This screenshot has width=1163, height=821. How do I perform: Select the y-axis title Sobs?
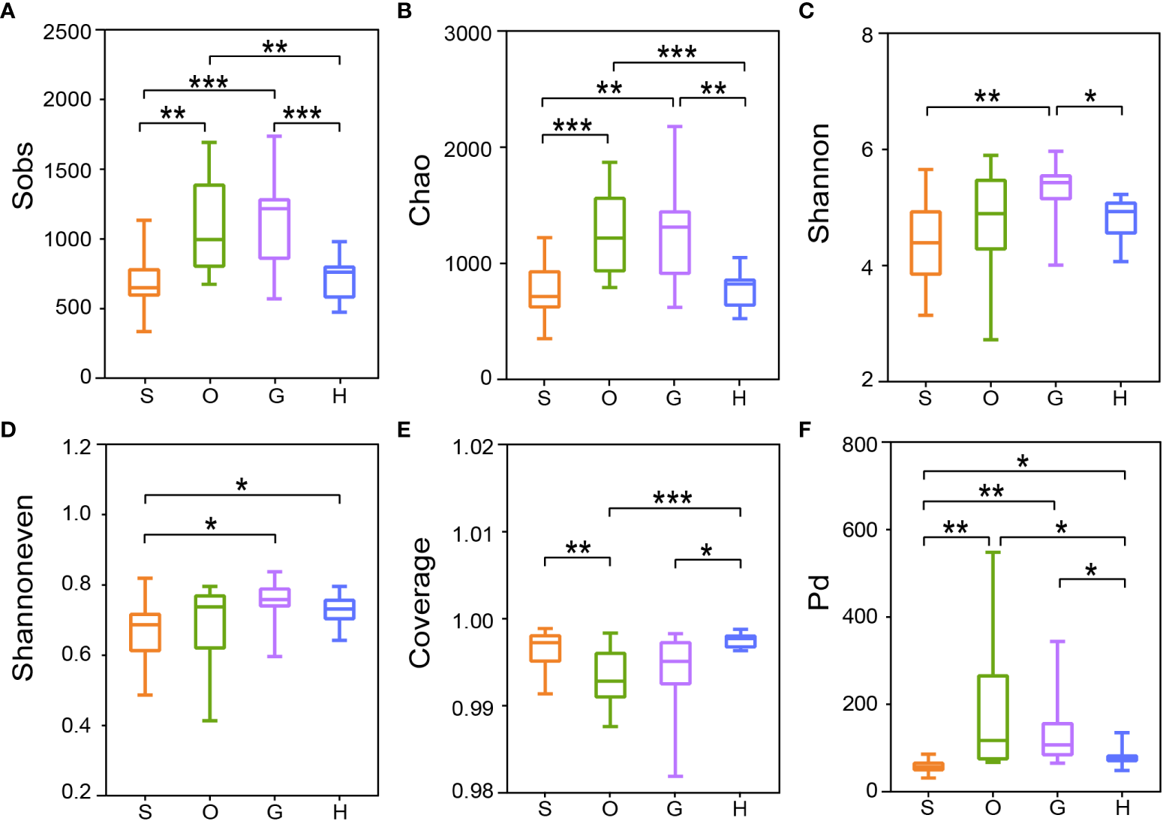23,175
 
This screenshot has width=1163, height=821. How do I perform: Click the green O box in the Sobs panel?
209,225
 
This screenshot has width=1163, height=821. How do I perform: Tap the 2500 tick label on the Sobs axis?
67,32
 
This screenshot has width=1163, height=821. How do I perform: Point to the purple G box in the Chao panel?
675,242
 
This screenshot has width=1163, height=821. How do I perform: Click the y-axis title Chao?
420,189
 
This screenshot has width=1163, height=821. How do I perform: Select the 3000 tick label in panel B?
467,34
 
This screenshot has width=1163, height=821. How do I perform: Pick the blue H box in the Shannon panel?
1121,218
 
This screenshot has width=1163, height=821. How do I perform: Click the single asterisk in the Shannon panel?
1090,97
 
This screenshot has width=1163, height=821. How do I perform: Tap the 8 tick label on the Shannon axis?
867,35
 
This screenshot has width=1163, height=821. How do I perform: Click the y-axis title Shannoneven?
23,588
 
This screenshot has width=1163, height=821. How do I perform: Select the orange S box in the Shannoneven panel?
145,632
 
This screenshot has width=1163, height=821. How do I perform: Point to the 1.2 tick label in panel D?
77,447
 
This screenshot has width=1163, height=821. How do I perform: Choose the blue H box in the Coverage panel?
741,641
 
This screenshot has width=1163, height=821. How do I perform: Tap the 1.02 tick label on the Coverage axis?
473,447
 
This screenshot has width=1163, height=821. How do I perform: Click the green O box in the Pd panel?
993,717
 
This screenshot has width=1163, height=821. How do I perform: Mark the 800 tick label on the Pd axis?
860,444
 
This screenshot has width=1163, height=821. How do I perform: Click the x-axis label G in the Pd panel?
1057,807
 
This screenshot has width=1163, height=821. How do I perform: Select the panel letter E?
404,429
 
